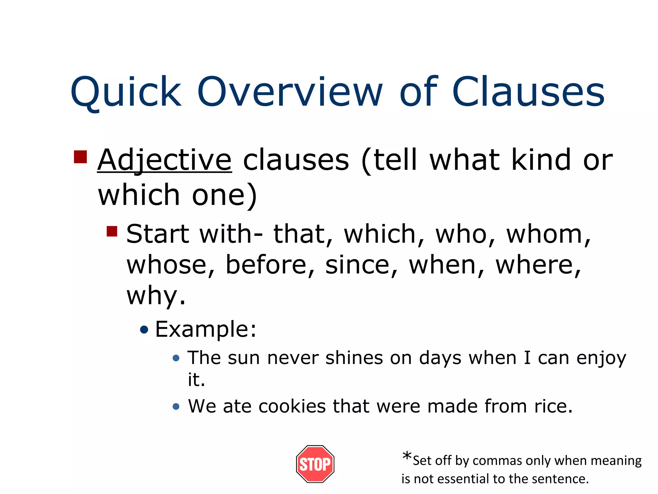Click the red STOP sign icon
(x=315, y=464)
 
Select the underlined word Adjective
(x=164, y=160)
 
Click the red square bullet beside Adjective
(x=80, y=157)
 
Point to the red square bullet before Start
(x=112, y=231)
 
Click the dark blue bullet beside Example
(x=145, y=330)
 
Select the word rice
(x=553, y=406)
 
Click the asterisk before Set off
(x=407, y=456)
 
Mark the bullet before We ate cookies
(x=176, y=407)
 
